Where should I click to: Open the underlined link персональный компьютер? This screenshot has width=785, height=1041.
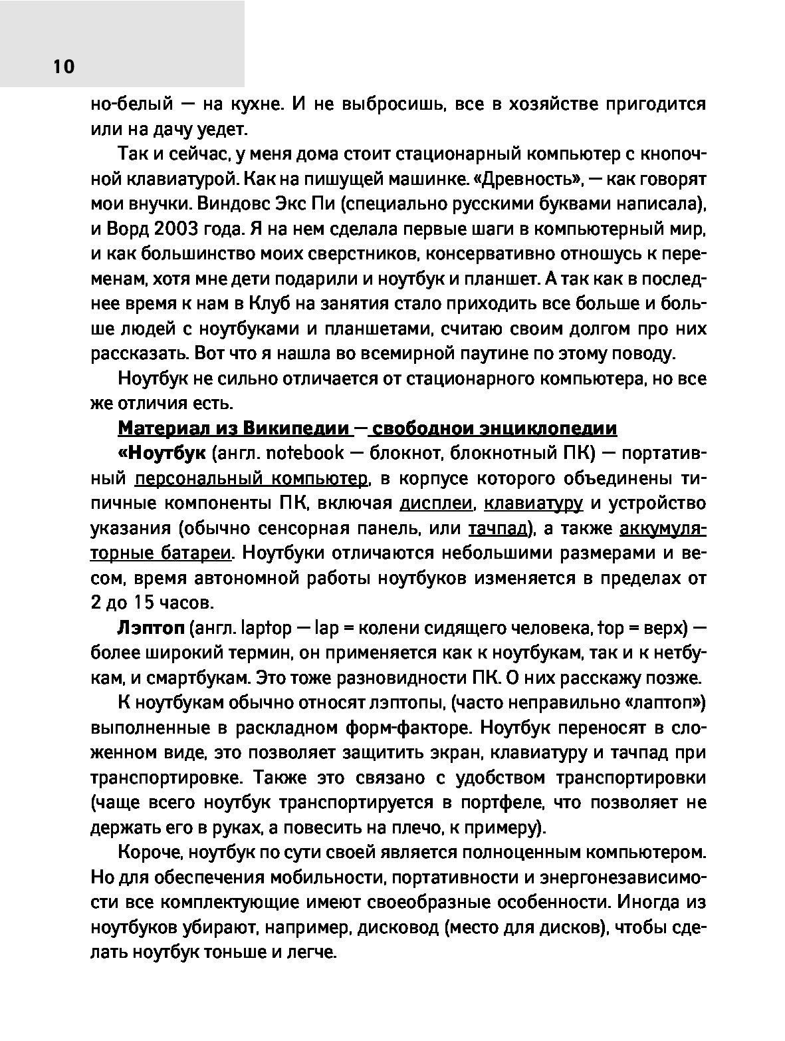(x=251, y=479)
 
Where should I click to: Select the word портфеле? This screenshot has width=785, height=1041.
(x=493, y=804)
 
